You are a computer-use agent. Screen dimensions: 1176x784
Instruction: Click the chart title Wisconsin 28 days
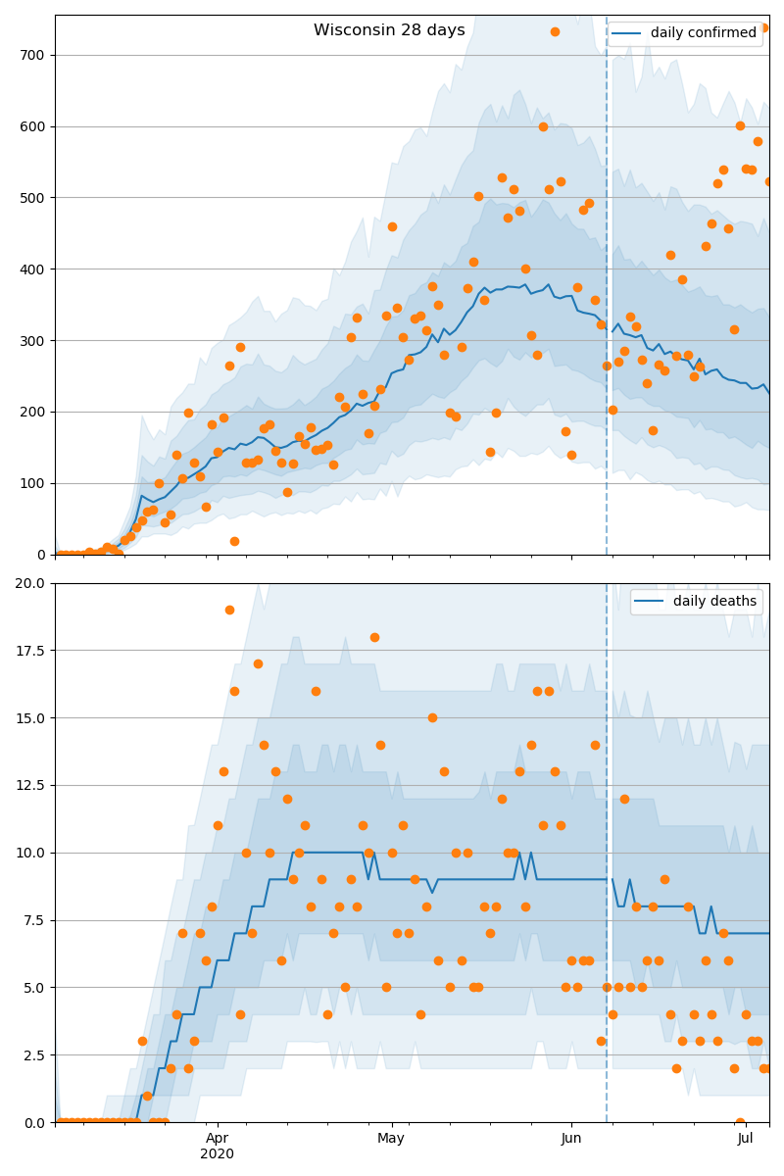click(389, 30)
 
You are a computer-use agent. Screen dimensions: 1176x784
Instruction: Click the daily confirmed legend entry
click(704, 33)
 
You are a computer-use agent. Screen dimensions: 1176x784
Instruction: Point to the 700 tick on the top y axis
click(32, 55)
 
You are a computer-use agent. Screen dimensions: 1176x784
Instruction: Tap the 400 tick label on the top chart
click(32, 269)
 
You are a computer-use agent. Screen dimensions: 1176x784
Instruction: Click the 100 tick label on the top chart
click(32, 483)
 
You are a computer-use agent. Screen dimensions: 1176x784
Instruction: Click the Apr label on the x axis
click(218, 1138)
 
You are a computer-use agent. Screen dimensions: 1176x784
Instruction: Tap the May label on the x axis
click(391, 1138)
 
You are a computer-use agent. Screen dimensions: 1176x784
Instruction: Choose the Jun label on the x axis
click(571, 1138)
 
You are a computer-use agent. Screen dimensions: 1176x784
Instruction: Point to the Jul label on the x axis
click(746, 1138)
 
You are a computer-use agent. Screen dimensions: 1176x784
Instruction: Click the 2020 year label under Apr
click(218, 1153)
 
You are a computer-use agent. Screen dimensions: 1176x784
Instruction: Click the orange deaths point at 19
click(229, 610)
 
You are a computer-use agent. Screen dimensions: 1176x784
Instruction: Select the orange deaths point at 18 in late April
click(374, 637)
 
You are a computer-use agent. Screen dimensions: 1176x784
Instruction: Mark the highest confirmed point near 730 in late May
click(555, 31)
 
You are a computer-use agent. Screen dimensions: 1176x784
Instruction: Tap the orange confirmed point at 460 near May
click(392, 226)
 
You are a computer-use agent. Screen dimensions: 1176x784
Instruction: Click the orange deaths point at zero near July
click(740, 1122)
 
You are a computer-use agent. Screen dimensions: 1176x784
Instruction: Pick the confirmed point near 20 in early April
click(234, 541)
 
